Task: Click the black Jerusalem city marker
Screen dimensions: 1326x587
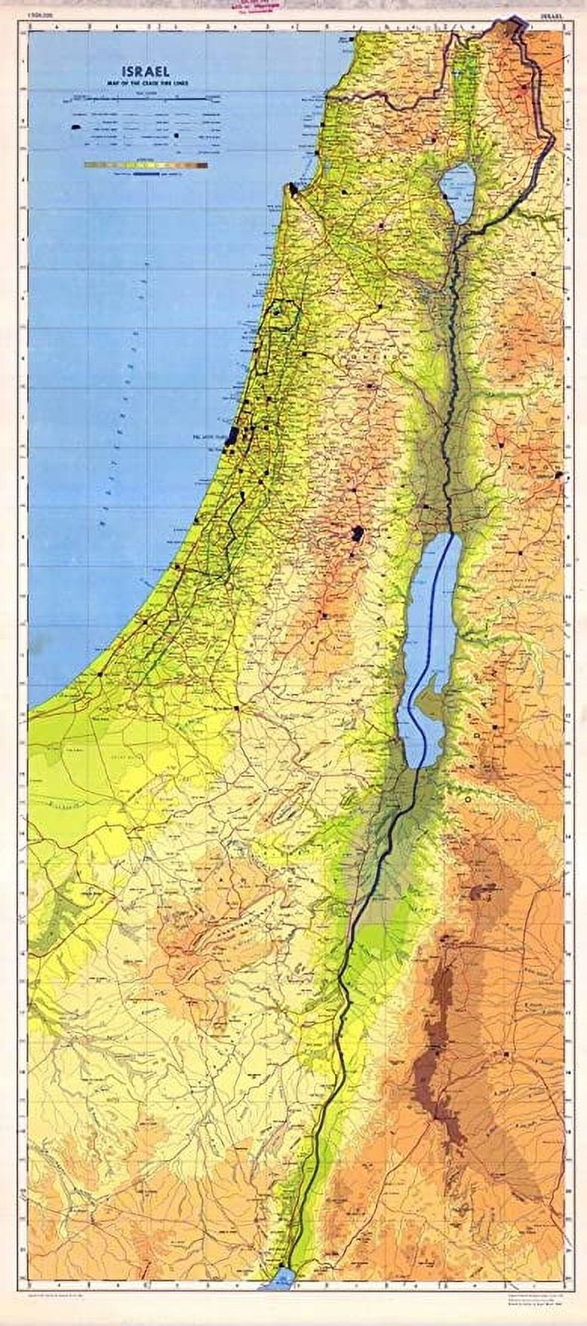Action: pyautogui.click(x=356, y=536)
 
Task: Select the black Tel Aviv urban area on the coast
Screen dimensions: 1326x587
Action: pyautogui.click(x=232, y=435)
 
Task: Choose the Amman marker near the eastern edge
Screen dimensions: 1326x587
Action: pyautogui.click(x=558, y=476)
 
